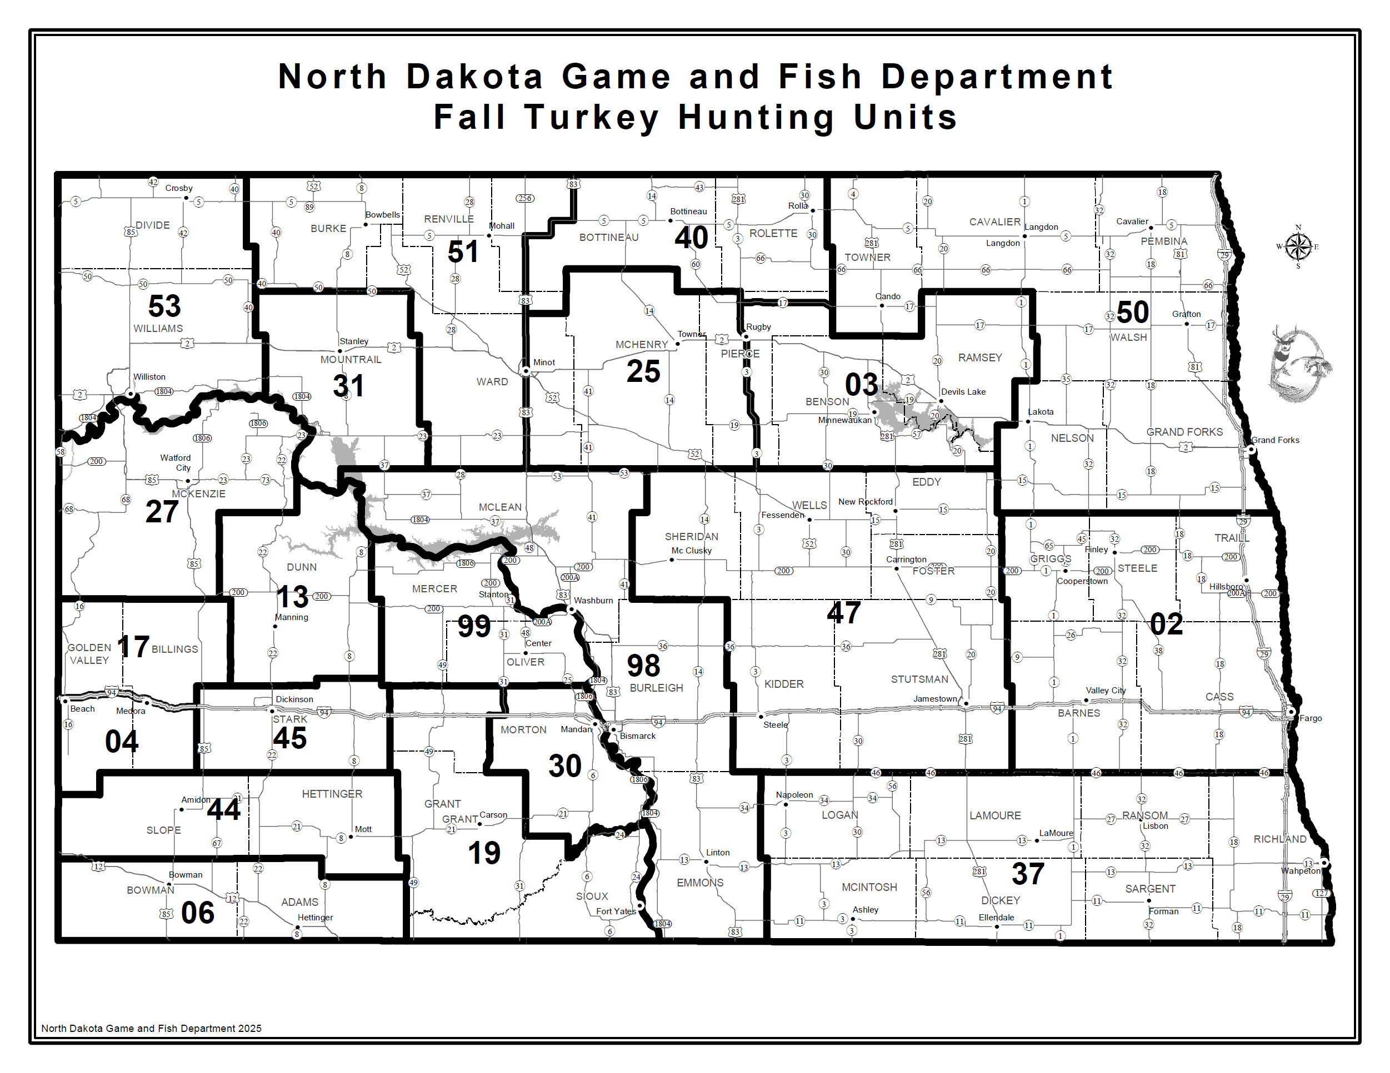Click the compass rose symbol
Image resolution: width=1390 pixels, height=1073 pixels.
point(1298,247)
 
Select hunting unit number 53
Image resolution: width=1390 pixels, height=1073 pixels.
point(164,306)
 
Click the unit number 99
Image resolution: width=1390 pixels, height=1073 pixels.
point(474,627)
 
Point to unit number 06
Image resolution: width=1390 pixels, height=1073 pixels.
point(197,913)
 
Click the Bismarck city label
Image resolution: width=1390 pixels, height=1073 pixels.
point(637,736)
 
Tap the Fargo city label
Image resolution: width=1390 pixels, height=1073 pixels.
point(1311,718)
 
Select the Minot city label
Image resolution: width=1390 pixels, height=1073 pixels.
point(544,362)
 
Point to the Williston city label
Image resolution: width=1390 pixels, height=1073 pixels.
point(149,377)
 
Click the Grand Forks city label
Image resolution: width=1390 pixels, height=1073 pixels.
point(1275,440)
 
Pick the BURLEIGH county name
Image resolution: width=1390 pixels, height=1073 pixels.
point(656,688)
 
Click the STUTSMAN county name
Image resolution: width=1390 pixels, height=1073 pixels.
point(919,679)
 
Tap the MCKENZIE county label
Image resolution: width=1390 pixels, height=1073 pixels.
point(198,494)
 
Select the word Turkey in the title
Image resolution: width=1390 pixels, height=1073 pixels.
point(591,118)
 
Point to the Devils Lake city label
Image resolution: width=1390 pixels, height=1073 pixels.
point(963,392)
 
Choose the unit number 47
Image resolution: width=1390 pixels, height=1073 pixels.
point(844,612)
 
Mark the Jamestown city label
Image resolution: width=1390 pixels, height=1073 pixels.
point(934,698)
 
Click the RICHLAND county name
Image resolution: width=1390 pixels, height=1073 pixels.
point(1279,839)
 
